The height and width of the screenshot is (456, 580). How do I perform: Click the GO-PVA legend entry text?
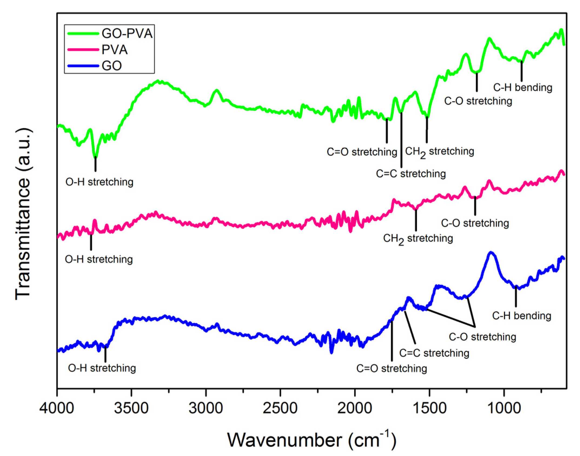[127, 34]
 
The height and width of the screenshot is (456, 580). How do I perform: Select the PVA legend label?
[114, 50]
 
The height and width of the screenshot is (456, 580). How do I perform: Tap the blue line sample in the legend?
[83, 66]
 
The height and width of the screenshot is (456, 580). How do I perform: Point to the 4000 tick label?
[57, 408]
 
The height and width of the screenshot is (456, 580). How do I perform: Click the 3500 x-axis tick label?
[131, 408]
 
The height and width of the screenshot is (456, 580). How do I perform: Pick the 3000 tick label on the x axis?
[206, 408]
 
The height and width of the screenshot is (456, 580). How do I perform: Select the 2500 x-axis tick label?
[280, 408]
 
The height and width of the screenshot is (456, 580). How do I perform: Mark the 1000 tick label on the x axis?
[504, 408]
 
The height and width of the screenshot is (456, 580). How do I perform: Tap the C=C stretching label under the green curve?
[411, 174]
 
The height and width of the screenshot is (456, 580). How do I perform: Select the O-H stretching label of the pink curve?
[99, 259]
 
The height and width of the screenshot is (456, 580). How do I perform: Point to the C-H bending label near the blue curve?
[522, 316]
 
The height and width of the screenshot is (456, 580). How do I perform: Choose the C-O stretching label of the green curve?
[478, 101]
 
